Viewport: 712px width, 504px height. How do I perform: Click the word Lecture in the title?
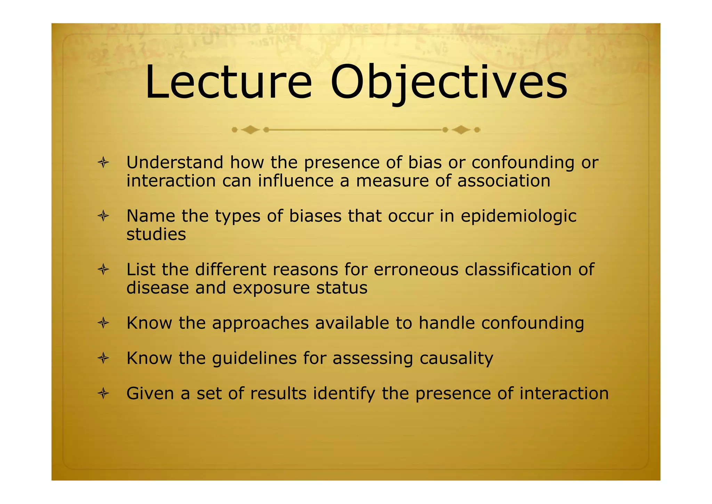pos(228,83)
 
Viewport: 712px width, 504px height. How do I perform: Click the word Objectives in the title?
pos(448,83)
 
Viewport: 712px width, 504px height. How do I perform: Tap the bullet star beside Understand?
pos(103,163)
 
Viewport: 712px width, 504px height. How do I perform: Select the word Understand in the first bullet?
pos(175,163)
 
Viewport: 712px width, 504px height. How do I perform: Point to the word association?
pos(504,181)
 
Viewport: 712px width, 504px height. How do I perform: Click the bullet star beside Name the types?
pos(103,216)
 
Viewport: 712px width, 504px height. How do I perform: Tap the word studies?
pos(156,234)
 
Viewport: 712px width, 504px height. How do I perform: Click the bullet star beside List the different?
pos(103,269)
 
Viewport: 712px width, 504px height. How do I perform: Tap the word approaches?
pos(260,323)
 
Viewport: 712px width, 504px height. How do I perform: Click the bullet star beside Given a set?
pos(103,394)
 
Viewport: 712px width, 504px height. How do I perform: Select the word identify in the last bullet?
pos(344,394)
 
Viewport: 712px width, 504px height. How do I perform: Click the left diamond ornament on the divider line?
pos(250,130)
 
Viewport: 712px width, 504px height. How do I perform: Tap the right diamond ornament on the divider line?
pos(461,130)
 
